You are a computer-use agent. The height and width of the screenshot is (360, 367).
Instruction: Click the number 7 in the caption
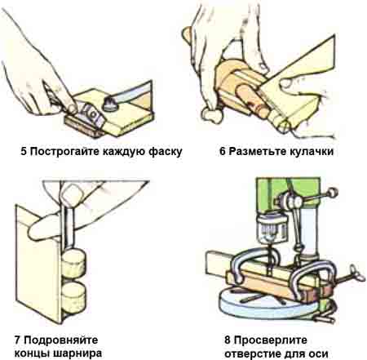click(x=18, y=336)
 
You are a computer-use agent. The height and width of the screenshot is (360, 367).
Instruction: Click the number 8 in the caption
click(x=226, y=336)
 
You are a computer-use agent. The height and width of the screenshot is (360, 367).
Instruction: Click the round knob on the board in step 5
click(x=111, y=104)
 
